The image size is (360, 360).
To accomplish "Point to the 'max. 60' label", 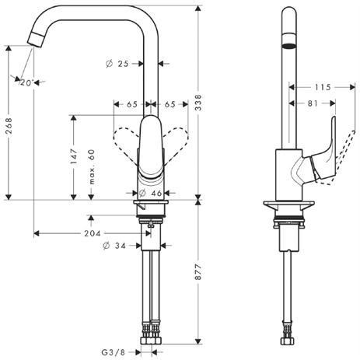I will point(92,167).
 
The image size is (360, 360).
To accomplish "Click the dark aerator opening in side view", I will point(289,45).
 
